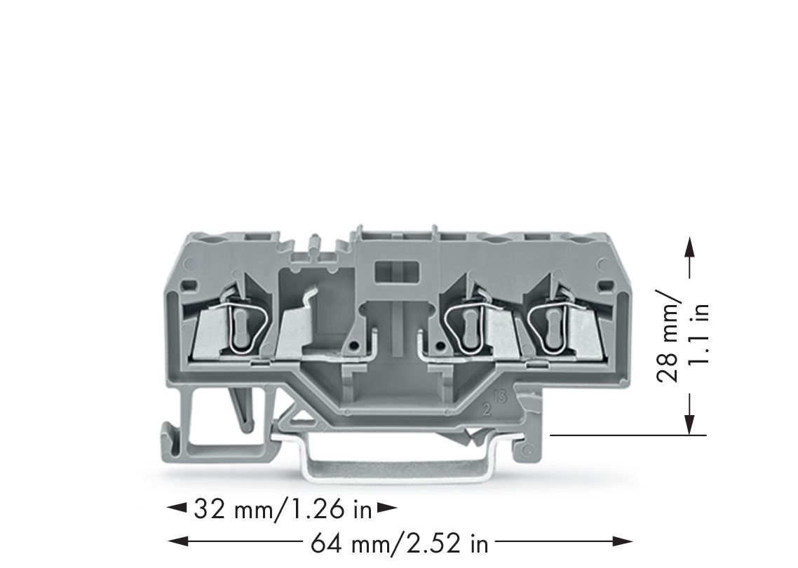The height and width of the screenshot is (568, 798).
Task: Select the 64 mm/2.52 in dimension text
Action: [398, 542]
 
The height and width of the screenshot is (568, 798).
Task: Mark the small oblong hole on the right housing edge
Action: [603, 286]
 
